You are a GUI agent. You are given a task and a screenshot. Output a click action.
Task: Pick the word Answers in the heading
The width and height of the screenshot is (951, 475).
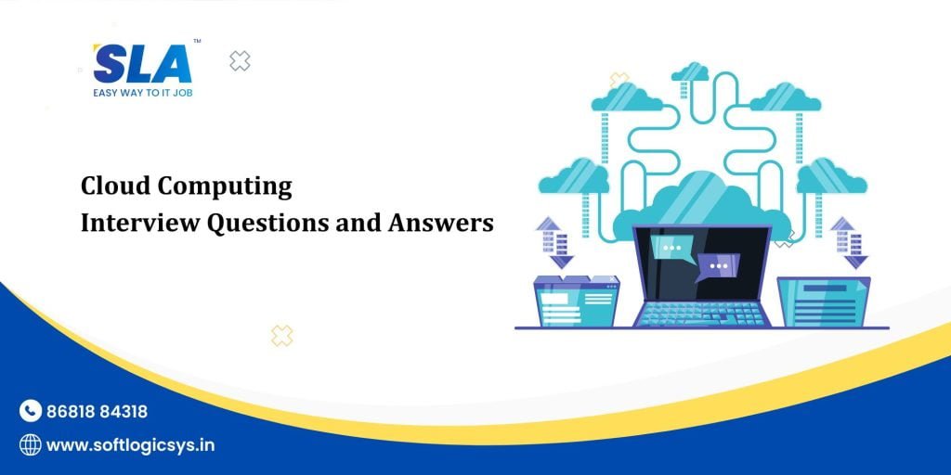point(441,224)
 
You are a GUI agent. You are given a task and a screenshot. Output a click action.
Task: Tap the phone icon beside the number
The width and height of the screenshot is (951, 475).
point(31,411)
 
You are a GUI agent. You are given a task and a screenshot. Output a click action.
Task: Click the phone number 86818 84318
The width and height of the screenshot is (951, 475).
point(97,411)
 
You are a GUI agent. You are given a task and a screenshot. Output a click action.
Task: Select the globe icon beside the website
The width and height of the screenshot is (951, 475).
point(31,445)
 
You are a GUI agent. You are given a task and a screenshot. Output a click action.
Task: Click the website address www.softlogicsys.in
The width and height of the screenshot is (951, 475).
point(130,445)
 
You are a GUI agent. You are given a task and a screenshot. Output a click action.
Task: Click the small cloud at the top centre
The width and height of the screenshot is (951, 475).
point(690,71)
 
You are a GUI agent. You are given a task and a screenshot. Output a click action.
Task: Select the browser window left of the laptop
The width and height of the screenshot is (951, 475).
point(576,302)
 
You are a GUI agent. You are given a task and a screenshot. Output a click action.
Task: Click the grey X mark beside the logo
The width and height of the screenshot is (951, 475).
point(240,61)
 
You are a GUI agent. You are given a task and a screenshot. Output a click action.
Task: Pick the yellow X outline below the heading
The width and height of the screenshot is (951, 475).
point(281,336)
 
